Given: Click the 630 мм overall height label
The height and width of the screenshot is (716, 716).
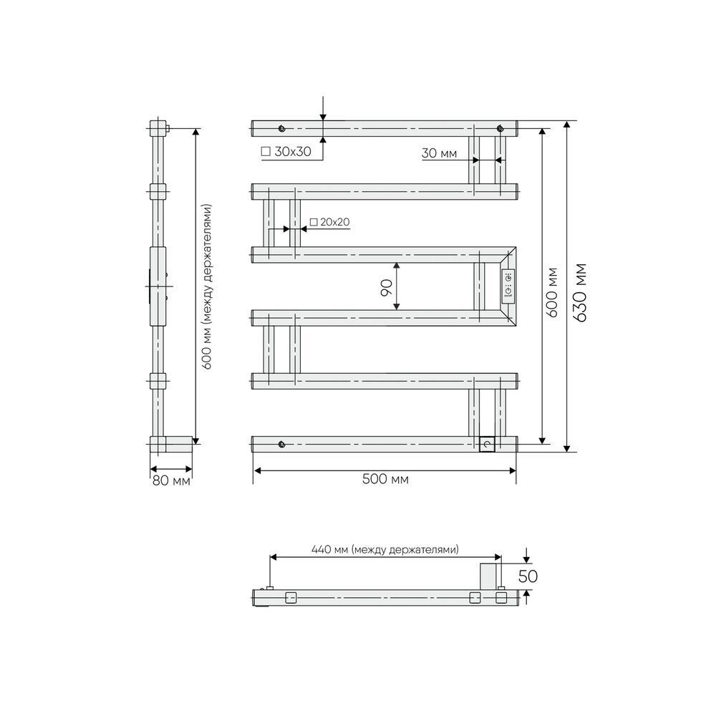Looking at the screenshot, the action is click(x=581, y=293).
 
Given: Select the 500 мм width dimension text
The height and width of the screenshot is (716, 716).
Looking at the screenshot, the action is click(x=385, y=479).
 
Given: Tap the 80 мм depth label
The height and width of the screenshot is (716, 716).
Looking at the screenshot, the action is click(x=171, y=481).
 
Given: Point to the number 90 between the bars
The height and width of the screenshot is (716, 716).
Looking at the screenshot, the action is click(x=387, y=288).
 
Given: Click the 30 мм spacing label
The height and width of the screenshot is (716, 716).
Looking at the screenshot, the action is click(x=439, y=153).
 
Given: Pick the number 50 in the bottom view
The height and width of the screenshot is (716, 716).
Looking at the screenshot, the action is click(x=528, y=576).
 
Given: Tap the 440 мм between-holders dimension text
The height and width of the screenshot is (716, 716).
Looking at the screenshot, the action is click(x=385, y=549).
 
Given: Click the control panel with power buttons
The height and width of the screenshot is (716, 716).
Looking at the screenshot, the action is click(x=508, y=284).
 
